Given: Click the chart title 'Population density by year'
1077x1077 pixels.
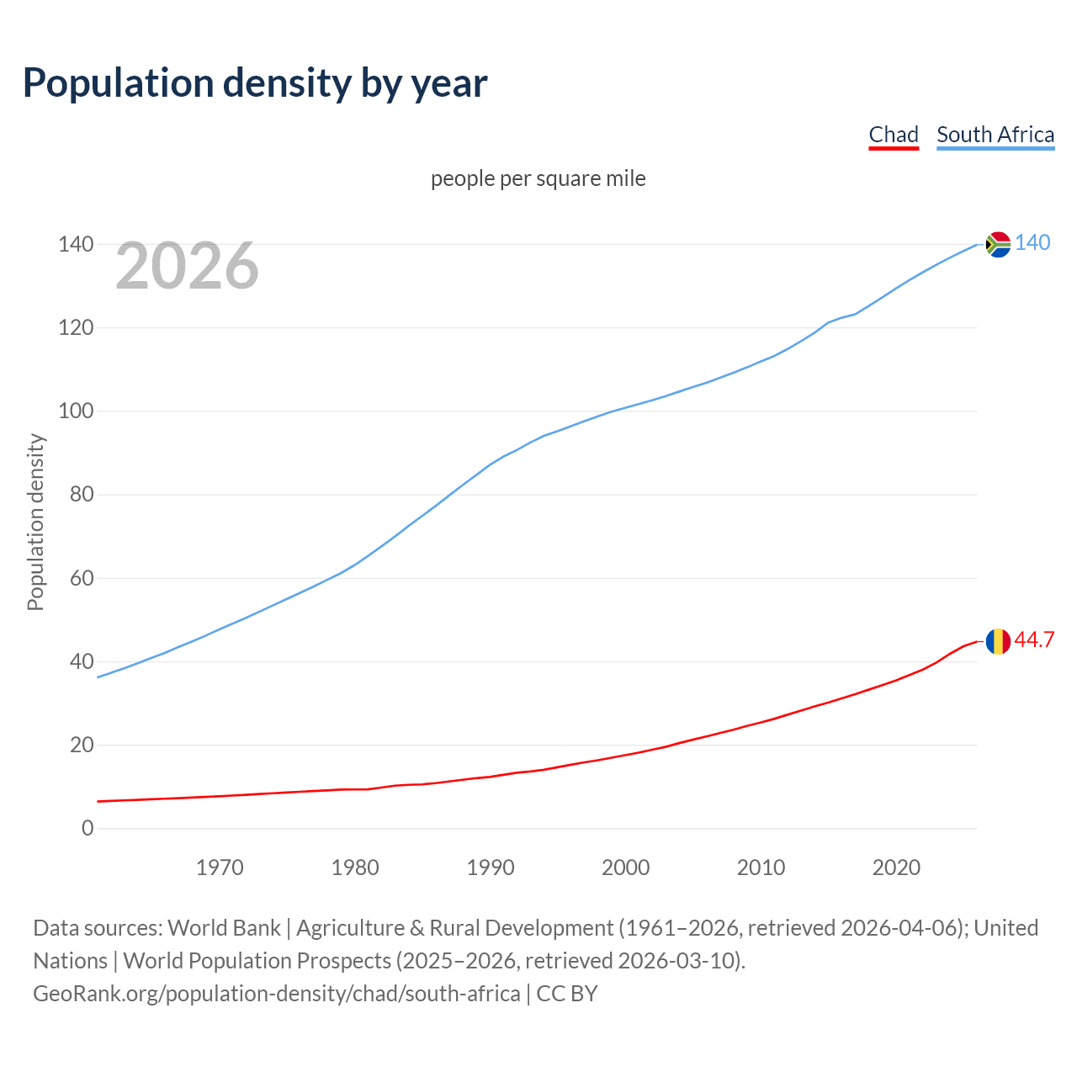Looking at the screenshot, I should (255, 83).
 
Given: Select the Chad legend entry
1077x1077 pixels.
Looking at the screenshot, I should (893, 135).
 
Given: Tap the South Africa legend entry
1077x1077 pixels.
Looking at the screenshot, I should (995, 135).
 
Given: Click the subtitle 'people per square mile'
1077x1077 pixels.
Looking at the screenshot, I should (538, 178).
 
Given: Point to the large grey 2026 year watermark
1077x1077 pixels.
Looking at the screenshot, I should (187, 266).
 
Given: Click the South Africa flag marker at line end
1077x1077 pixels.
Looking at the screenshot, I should (998, 244).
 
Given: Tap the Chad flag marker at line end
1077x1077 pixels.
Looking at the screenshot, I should (998, 641).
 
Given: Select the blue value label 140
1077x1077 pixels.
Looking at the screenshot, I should (1032, 242).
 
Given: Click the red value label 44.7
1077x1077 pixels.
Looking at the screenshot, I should (1034, 639).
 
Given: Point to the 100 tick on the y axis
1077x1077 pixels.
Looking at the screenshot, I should (76, 411).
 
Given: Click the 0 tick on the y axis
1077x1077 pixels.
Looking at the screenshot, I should (88, 828).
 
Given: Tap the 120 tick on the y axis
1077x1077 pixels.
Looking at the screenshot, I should (76, 327).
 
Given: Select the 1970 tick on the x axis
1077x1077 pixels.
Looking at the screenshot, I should (220, 867).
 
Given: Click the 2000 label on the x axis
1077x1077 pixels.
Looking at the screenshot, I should (625, 867).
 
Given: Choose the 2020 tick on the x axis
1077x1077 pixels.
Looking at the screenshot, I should (896, 867).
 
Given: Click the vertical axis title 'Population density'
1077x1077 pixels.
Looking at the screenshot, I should (35, 522).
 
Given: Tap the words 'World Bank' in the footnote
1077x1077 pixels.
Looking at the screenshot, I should (224, 927).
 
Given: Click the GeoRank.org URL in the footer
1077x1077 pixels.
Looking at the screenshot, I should (276, 993).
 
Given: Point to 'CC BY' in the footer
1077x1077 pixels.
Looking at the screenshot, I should (567, 993).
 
